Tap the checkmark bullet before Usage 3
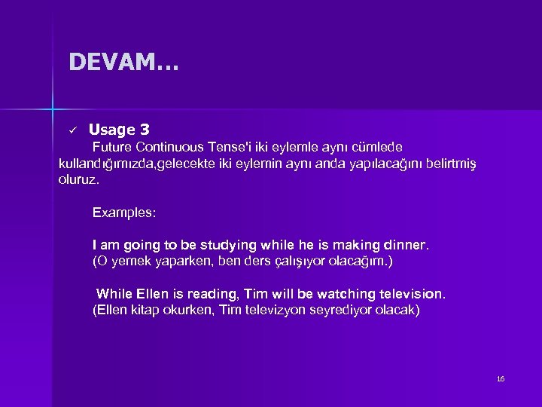(72, 130)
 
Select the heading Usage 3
(123, 130)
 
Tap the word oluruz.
(78, 181)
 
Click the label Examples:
(124, 213)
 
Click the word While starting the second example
(115, 293)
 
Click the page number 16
(501, 378)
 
